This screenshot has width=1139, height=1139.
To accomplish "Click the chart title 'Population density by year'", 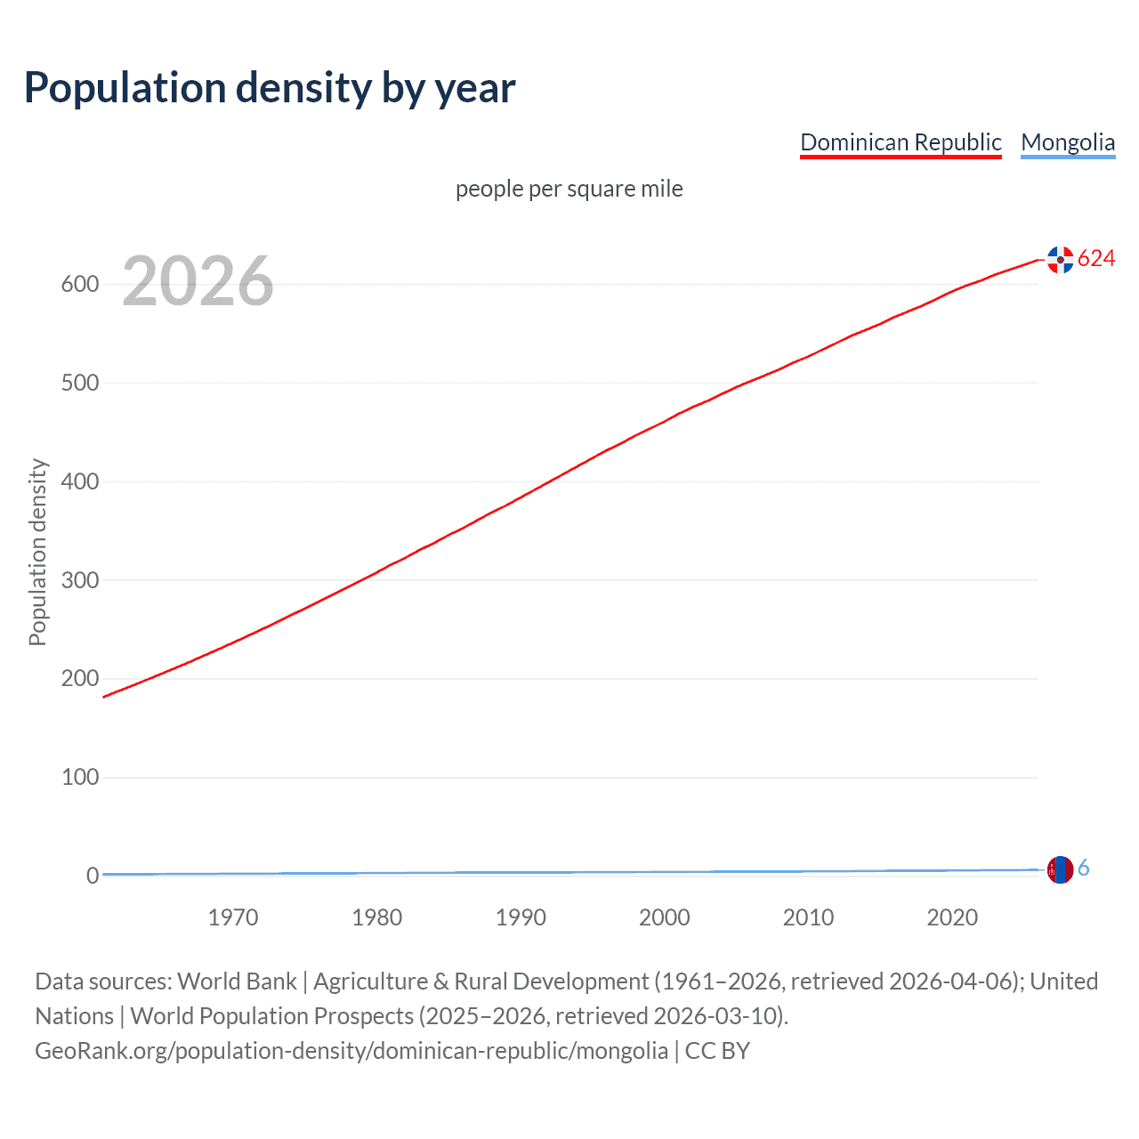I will (270, 88).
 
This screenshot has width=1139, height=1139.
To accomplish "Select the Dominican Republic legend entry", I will (901, 142).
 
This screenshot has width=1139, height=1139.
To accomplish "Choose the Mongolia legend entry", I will (1068, 142).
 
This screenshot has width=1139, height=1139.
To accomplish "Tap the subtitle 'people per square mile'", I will (569, 189).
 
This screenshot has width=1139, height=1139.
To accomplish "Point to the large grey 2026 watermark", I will (198, 281).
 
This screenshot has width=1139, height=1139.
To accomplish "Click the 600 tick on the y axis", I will (79, 285).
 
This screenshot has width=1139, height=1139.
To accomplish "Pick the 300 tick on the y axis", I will (79, 580).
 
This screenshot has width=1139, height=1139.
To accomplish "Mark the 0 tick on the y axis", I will (92, 876).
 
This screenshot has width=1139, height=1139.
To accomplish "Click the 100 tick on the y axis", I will (79, 777).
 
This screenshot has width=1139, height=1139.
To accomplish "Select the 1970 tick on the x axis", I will (233, 917).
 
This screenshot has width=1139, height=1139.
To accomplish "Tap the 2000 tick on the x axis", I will (665, 917).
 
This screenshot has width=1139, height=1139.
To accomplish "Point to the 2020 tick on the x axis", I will (952, 917).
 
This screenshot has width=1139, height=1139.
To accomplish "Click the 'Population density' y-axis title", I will (37, 552).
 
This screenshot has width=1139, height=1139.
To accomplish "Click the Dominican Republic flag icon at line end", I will (1060, 259).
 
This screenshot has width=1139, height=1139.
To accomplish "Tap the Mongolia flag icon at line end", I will (1060, 869).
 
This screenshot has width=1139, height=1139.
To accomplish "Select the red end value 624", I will (1096, 258).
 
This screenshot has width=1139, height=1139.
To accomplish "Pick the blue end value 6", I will (1084, 868).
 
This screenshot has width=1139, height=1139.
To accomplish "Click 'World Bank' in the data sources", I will (237, 981).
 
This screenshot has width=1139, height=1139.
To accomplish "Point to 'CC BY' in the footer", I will (717, 1051).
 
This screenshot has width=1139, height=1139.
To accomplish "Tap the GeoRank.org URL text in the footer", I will (351, 1051).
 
